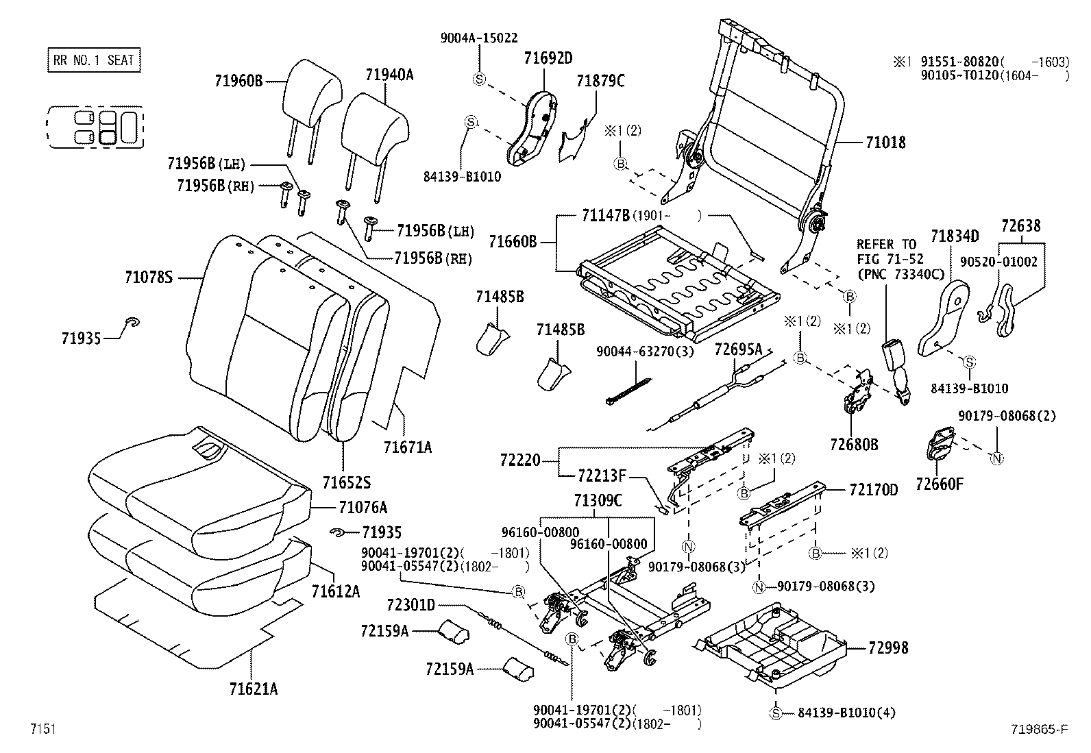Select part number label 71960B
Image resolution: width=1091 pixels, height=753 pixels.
pos(238,82)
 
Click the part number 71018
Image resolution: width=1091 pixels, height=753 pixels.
pos(885,143)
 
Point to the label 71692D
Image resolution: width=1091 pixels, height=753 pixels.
pos(548,58)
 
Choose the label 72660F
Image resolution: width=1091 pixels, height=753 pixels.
pos(940,484)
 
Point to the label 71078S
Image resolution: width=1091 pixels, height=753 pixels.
pos(149,277)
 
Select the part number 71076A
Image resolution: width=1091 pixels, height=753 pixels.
pos(363,507)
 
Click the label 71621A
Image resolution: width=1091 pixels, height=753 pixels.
pos(254,689)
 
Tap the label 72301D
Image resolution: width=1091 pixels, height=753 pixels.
pos(410,604)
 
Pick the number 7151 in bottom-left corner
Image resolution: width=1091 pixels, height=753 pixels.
pos(42,729)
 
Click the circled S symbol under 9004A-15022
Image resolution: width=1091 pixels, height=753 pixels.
pos(479,79)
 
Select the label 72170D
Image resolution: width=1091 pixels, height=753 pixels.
pos(873,490)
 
